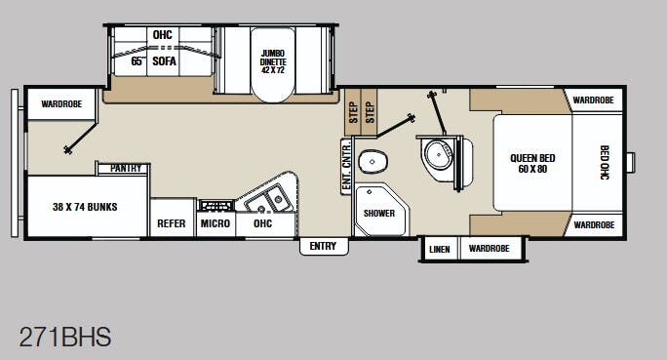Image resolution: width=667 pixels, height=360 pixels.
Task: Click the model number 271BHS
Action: pos(65,338)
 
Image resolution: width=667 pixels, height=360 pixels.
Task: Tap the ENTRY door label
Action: pos(323,247)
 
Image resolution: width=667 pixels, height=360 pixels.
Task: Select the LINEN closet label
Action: pos(439,250)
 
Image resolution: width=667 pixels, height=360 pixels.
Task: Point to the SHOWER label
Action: pos(378,212)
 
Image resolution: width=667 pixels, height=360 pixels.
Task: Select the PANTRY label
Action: pos(127,169)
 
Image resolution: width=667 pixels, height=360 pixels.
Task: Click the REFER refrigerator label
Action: pos(172,223)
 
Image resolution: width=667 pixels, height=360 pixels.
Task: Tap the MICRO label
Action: pos(215,223)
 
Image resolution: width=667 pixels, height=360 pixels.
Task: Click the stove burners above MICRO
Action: pos(215,205)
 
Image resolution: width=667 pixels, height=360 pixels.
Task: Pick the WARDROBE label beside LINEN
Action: pos(489,250)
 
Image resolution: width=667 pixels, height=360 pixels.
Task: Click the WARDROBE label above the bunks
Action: pos(60,103)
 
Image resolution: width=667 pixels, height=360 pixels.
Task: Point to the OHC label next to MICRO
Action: pos(261,223)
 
